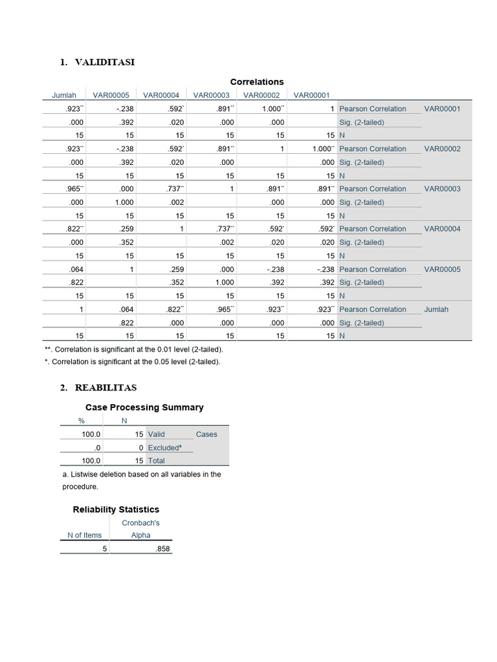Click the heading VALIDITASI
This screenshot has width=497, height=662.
[x=105, y=62]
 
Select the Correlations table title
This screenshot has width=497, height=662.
[x=257, y=82]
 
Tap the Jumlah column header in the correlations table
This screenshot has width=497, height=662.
[x=64, y=95]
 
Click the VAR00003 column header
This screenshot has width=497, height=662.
[x=211, y=95]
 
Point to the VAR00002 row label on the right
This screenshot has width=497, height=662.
[x=442, y=149]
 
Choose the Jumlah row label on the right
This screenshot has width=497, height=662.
[x=436, y=309]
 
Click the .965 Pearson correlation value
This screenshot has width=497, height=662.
[x=74, y=189]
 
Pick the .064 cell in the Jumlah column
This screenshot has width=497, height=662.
[x=76, y=269]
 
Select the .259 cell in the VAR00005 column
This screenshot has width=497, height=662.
[x=126, y=229]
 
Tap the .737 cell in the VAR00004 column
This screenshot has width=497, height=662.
[x=175, y=189]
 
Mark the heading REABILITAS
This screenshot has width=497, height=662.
[x=105, y=388]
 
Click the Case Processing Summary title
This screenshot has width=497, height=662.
[x=144, y=407]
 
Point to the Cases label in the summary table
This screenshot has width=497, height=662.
[x=206, y=434]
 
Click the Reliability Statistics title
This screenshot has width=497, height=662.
[x=116, y=509]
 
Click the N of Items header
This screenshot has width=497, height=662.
[x=85, y=535]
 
